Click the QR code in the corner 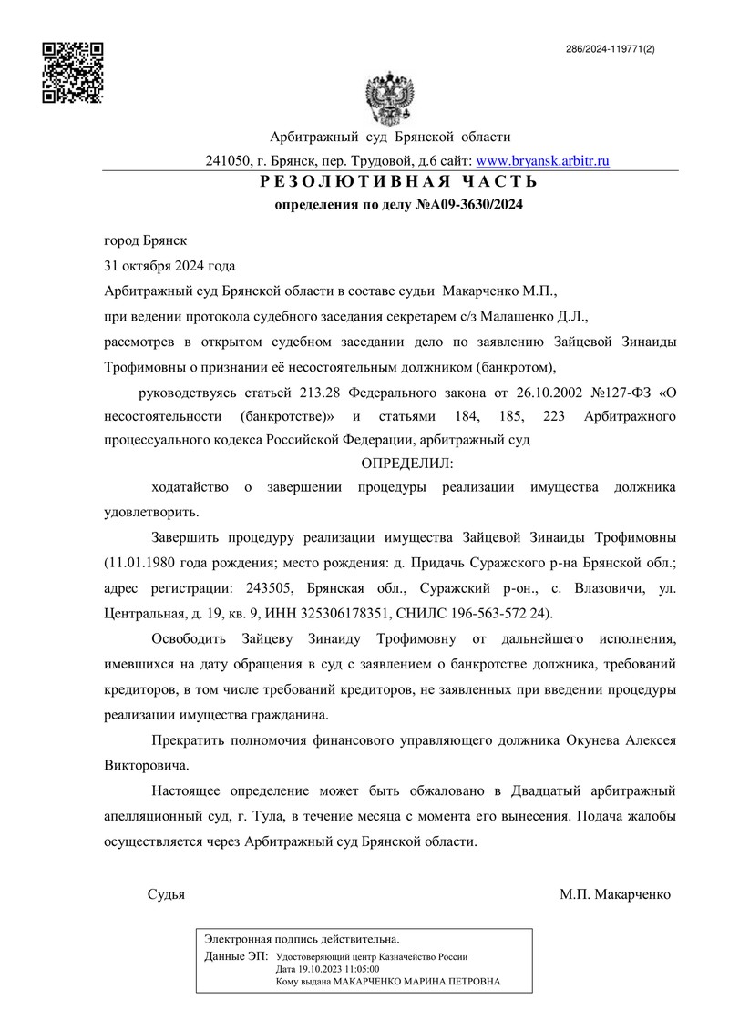(x=74, y=72)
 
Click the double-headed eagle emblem (x=389, y=97)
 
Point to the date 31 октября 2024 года (x=169, y=266)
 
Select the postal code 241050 (x=228, y=160)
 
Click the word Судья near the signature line (x=166, y=894)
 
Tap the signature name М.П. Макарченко (x=615, y=894)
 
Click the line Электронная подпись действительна (x=302, y=938)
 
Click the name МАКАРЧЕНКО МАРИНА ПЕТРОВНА (x=416, y=983)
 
